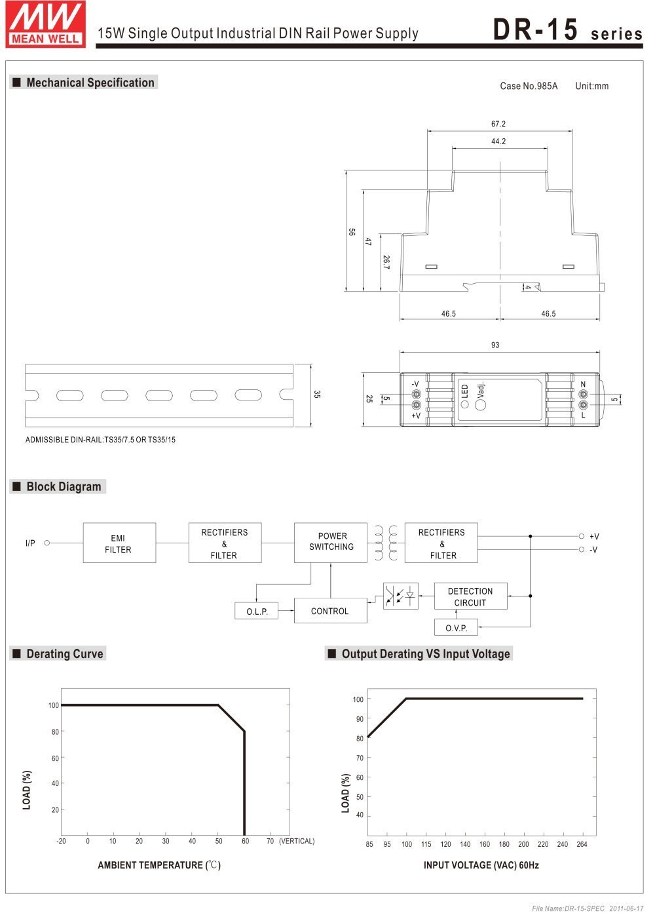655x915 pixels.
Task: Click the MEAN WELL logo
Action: coord(45,24)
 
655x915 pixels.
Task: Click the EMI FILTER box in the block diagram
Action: coord(119,543)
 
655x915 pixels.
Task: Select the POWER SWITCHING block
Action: coord(331,542)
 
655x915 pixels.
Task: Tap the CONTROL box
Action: coord(330,611)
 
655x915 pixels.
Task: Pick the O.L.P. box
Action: coord(257,612)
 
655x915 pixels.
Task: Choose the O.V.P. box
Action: coord(456,628)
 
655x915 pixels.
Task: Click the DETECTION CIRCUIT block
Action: coord(470,596)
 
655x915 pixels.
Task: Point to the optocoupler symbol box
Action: coord(400,596)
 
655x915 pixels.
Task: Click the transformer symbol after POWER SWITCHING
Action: coord(386,543)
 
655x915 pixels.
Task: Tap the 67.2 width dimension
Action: coord(498,124)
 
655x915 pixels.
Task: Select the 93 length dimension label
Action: coord(495,345)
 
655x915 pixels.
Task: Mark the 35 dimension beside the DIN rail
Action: coord(317,395)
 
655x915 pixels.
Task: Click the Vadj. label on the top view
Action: coord(481,389)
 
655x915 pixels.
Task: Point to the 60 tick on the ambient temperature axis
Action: coord(245,841)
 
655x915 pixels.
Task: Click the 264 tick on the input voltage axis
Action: coord(582,844)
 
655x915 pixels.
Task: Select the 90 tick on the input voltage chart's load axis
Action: coord(360,719)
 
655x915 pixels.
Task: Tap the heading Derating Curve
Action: coord(64,653)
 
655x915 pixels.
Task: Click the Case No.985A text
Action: coord(529,86)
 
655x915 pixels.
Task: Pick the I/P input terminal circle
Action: coord(47,543)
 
